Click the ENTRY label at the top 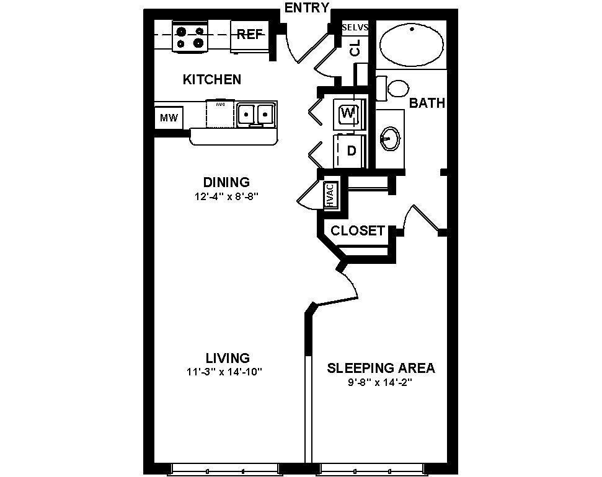pos(306,7)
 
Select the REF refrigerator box pos(250,35)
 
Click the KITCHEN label pos(212,79)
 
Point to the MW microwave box pos(168,118)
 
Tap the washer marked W pos(348,113)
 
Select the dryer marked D pos(351,151)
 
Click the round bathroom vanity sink pos(389,138)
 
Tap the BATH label pos(427,103)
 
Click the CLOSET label pos(358,231)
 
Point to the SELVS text pos(355,27)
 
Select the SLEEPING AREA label pos(381,368)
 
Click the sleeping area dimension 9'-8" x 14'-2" pos(380,382)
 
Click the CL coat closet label pos(355,50)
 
